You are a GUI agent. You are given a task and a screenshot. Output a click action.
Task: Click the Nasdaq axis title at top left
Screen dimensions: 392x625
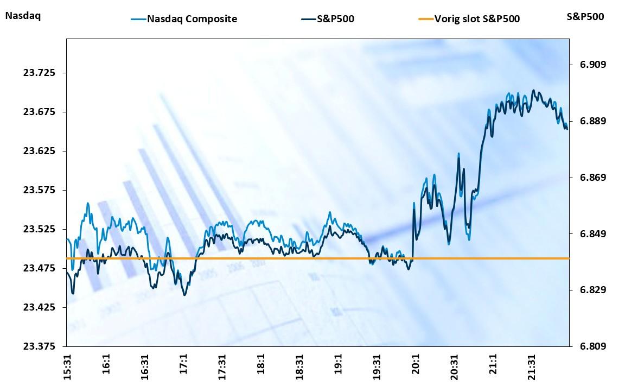coord(23,16)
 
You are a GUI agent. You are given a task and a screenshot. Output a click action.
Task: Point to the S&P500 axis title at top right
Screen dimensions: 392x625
coord(585,17)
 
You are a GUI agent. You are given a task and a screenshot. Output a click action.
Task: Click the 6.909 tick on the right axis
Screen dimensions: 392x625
coord(589,65)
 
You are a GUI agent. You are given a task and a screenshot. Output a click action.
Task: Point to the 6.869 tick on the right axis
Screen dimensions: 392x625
coord(589,178)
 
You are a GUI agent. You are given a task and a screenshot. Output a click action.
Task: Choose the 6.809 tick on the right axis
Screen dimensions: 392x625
coord(589,346)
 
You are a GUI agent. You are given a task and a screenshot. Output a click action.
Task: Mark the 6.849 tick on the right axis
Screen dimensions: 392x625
coord(589,234)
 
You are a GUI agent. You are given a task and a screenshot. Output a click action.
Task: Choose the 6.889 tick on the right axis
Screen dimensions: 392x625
coord(589,121)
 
